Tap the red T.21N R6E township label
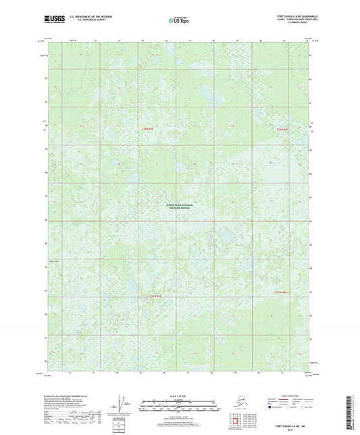(x=155, y=295)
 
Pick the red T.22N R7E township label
(x=282, y=129)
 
